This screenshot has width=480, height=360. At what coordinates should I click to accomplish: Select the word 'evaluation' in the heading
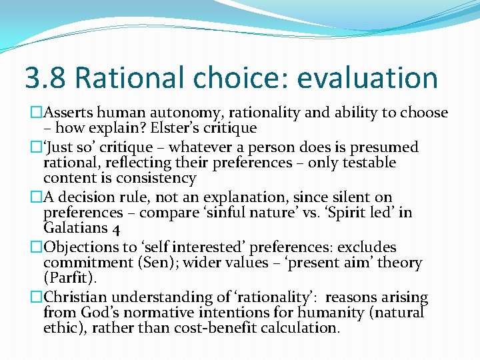pyautogui.click(x=367, y=78)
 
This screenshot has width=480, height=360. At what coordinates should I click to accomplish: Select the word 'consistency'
pyautogui.click(x=156, y=178)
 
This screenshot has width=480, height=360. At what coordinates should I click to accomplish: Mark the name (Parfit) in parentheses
pyautogui.click(x=70, y=279)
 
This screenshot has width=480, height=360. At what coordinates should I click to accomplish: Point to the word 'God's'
pyautogui.click(x=99, y=313)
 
